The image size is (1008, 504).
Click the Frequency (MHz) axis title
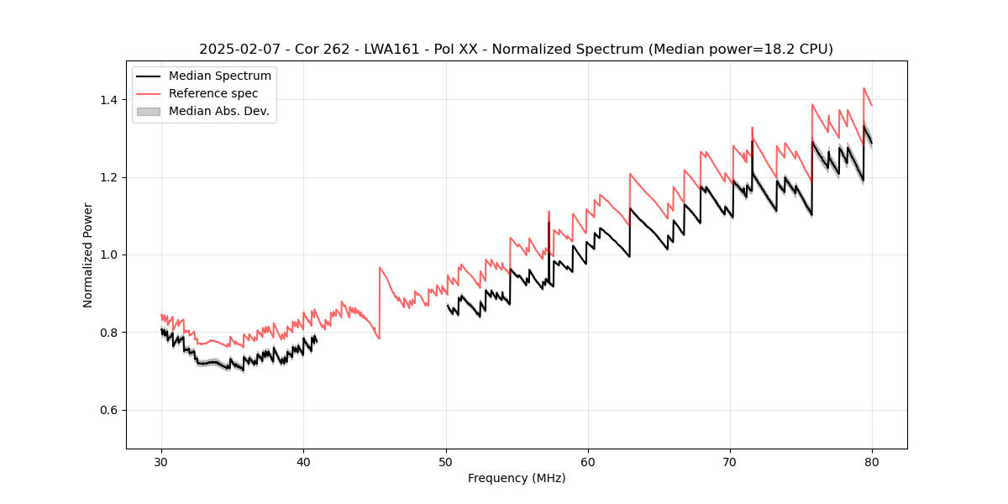[517, 478]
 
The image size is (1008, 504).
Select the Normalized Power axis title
[88, 255]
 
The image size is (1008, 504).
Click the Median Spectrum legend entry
[219, 76]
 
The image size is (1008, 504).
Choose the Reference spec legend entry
[213, 93]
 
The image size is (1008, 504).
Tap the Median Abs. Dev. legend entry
[218, 111]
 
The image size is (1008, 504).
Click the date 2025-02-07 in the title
[236, 50]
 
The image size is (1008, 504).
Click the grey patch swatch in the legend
[148, 111]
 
